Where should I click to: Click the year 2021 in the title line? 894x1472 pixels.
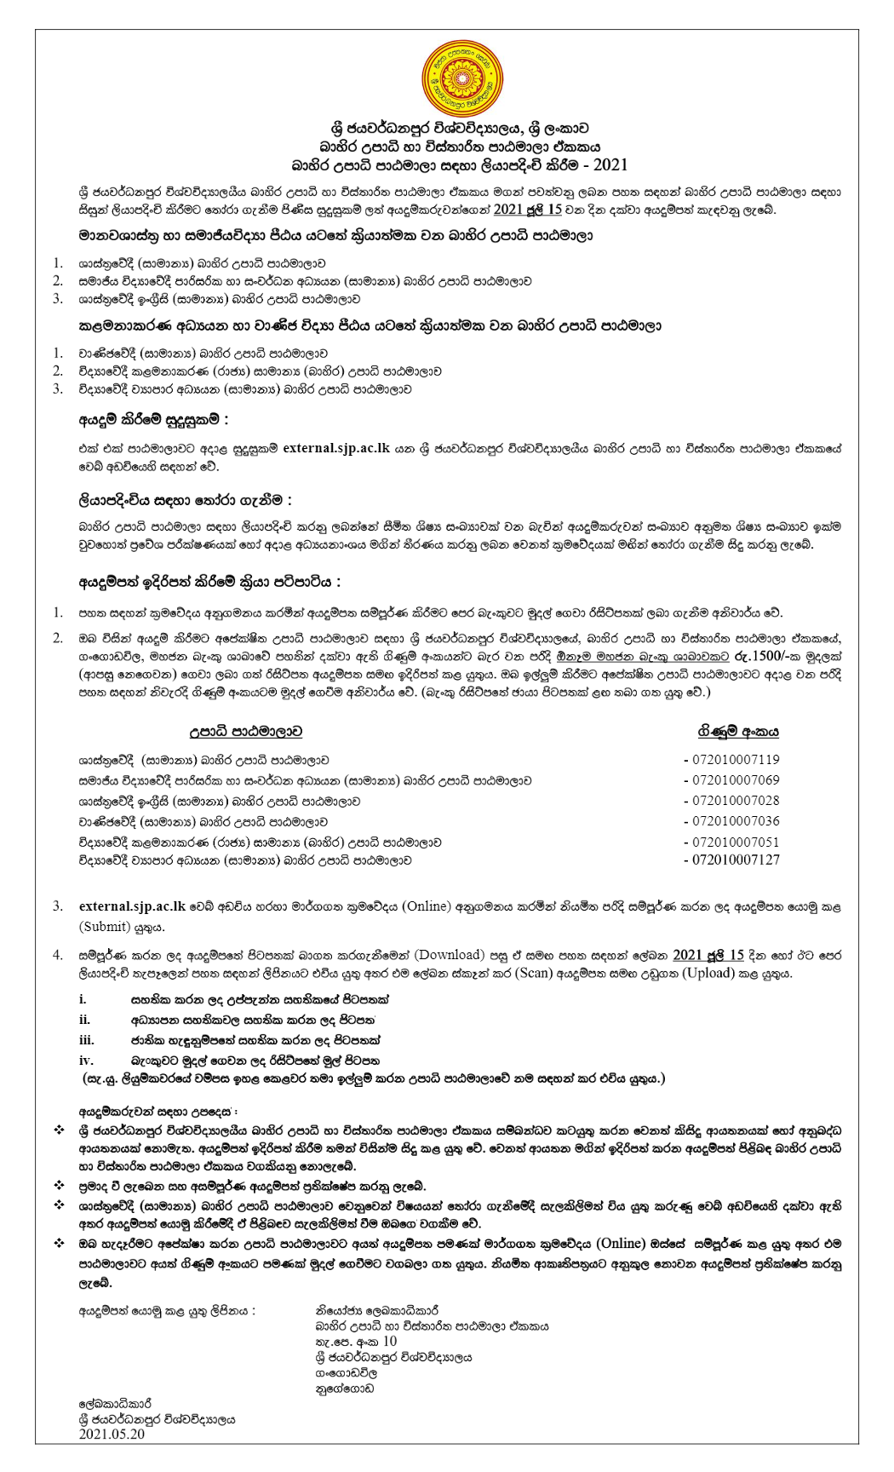(x=610, y=164)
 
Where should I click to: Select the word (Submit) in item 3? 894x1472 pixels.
(x=105, y=926)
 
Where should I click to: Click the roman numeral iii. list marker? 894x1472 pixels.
(x=87, y=1040)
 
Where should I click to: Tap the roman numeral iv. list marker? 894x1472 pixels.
(x=86, y=1061)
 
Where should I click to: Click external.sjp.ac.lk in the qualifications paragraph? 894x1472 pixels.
(x=336, y=448)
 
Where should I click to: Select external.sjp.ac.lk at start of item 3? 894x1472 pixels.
(x=132, y=906)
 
